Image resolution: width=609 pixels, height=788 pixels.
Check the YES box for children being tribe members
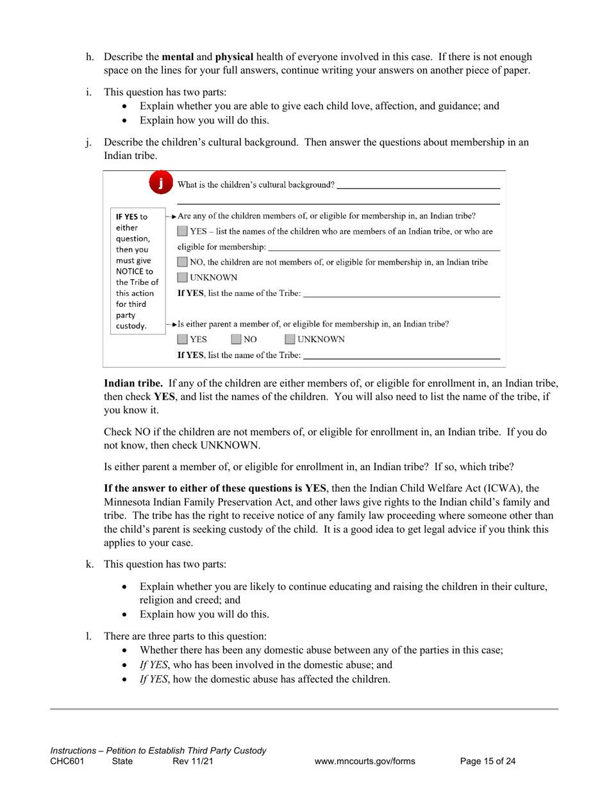point(183,231)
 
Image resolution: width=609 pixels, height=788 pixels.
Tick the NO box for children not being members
point(183,262)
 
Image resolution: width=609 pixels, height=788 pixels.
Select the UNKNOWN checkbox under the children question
point(183,278)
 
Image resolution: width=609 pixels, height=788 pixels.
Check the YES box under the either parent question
point(183,340)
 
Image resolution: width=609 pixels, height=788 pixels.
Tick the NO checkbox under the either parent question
point(237,340)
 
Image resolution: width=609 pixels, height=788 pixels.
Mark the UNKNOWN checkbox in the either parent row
point(290,340)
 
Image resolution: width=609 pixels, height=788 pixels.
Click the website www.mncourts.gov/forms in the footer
point(365,762)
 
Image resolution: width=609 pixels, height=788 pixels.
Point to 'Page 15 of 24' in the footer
point(488,762)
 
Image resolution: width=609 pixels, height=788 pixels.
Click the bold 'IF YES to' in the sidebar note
point(131,216)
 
